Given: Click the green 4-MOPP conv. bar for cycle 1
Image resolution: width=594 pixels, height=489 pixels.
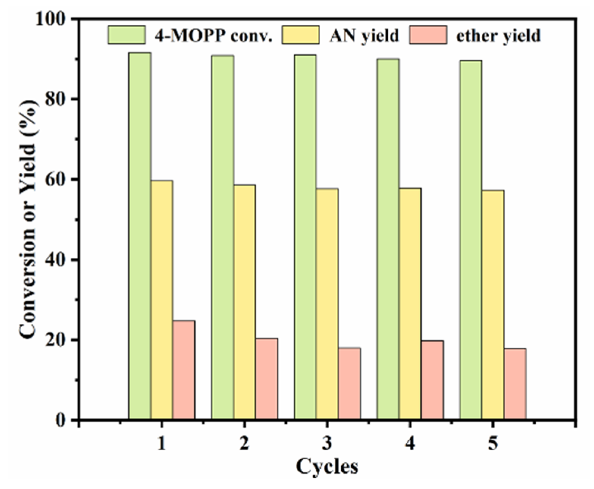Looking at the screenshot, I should (140, 236).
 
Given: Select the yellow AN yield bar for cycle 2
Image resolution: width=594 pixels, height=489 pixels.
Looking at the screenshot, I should (245, 302).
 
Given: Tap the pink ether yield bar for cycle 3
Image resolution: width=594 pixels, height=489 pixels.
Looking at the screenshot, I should (349, 383).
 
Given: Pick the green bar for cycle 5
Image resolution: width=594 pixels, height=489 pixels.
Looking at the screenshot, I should (470, 240).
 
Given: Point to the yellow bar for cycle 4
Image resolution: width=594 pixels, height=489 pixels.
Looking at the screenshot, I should (410, 304).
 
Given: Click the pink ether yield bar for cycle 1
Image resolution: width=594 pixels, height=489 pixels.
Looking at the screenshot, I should (184, 370).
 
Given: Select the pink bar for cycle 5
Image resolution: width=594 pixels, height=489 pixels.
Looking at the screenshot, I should (515, 383).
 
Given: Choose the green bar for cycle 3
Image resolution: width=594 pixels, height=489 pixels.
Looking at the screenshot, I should (305, 237).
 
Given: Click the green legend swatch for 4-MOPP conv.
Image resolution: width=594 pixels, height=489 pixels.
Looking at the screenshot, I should (127, 35).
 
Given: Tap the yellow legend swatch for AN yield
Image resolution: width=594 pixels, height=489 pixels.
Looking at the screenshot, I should (301, 35).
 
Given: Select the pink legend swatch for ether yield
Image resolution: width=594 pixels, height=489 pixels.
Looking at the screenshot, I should (428, 35).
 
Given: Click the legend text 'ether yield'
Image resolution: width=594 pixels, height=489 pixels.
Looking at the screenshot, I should (498, 36).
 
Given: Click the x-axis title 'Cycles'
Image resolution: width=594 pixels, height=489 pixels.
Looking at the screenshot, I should (327, 466).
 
